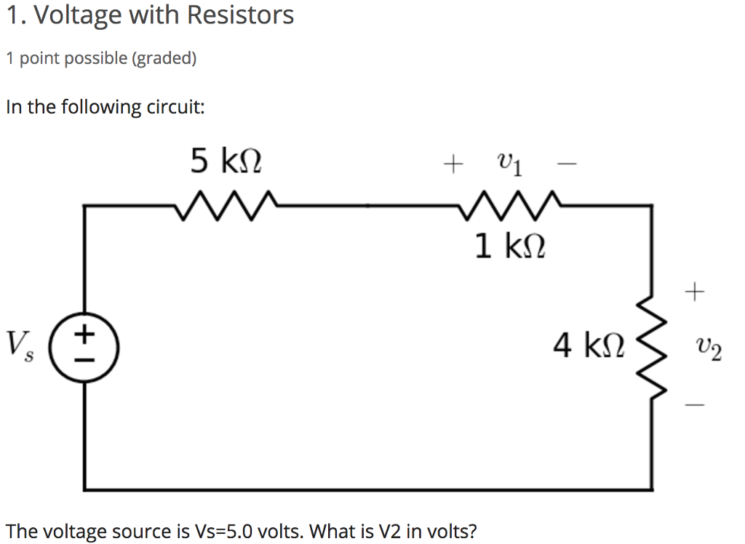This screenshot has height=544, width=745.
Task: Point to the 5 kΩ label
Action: pos(226,160)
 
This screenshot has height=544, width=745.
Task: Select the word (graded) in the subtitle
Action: pos(164,58)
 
